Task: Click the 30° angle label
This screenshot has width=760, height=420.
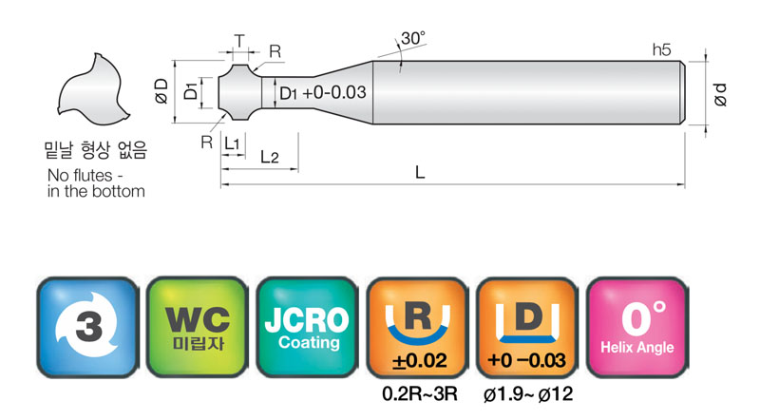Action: tap(413, 38)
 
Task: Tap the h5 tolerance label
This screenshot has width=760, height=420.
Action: tap(661, 50)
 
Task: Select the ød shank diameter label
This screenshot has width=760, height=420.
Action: tap(721, 95)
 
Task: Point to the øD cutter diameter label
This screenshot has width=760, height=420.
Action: tap(161, 91)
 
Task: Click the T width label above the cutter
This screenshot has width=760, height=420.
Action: tap(239, 41)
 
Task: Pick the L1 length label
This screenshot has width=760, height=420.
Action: tap(232, 143)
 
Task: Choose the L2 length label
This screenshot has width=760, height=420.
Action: tap(270, 157)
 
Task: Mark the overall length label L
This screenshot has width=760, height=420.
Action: tap(420, 172)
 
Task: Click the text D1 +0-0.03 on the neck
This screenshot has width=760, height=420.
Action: tap(323, 92)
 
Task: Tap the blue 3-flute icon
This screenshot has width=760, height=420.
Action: tap(87, 327)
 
